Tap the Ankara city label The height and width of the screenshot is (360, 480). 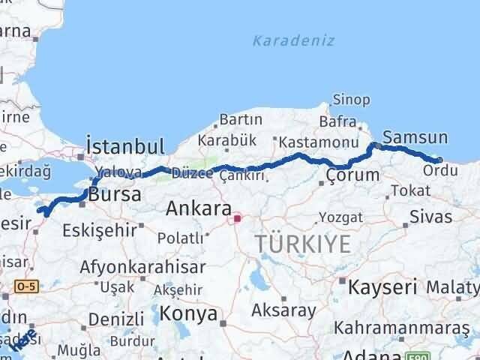click(x=198, y=208)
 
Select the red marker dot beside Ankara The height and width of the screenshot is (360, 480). click(x=238, y=218)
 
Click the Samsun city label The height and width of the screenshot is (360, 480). click(x=415, y=137)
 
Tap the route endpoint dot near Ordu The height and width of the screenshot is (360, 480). click(x=439, y=160)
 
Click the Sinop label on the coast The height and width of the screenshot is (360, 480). click(x=351, y=99)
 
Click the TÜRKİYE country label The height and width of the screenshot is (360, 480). click(x=303, y=244)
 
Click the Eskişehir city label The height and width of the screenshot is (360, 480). click(x=100, y=229)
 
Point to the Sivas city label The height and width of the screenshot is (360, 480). click(x=431, y=217)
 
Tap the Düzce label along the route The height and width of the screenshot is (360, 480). click(x=192, y=173)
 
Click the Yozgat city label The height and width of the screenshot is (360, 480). click(x=340, y=217)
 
